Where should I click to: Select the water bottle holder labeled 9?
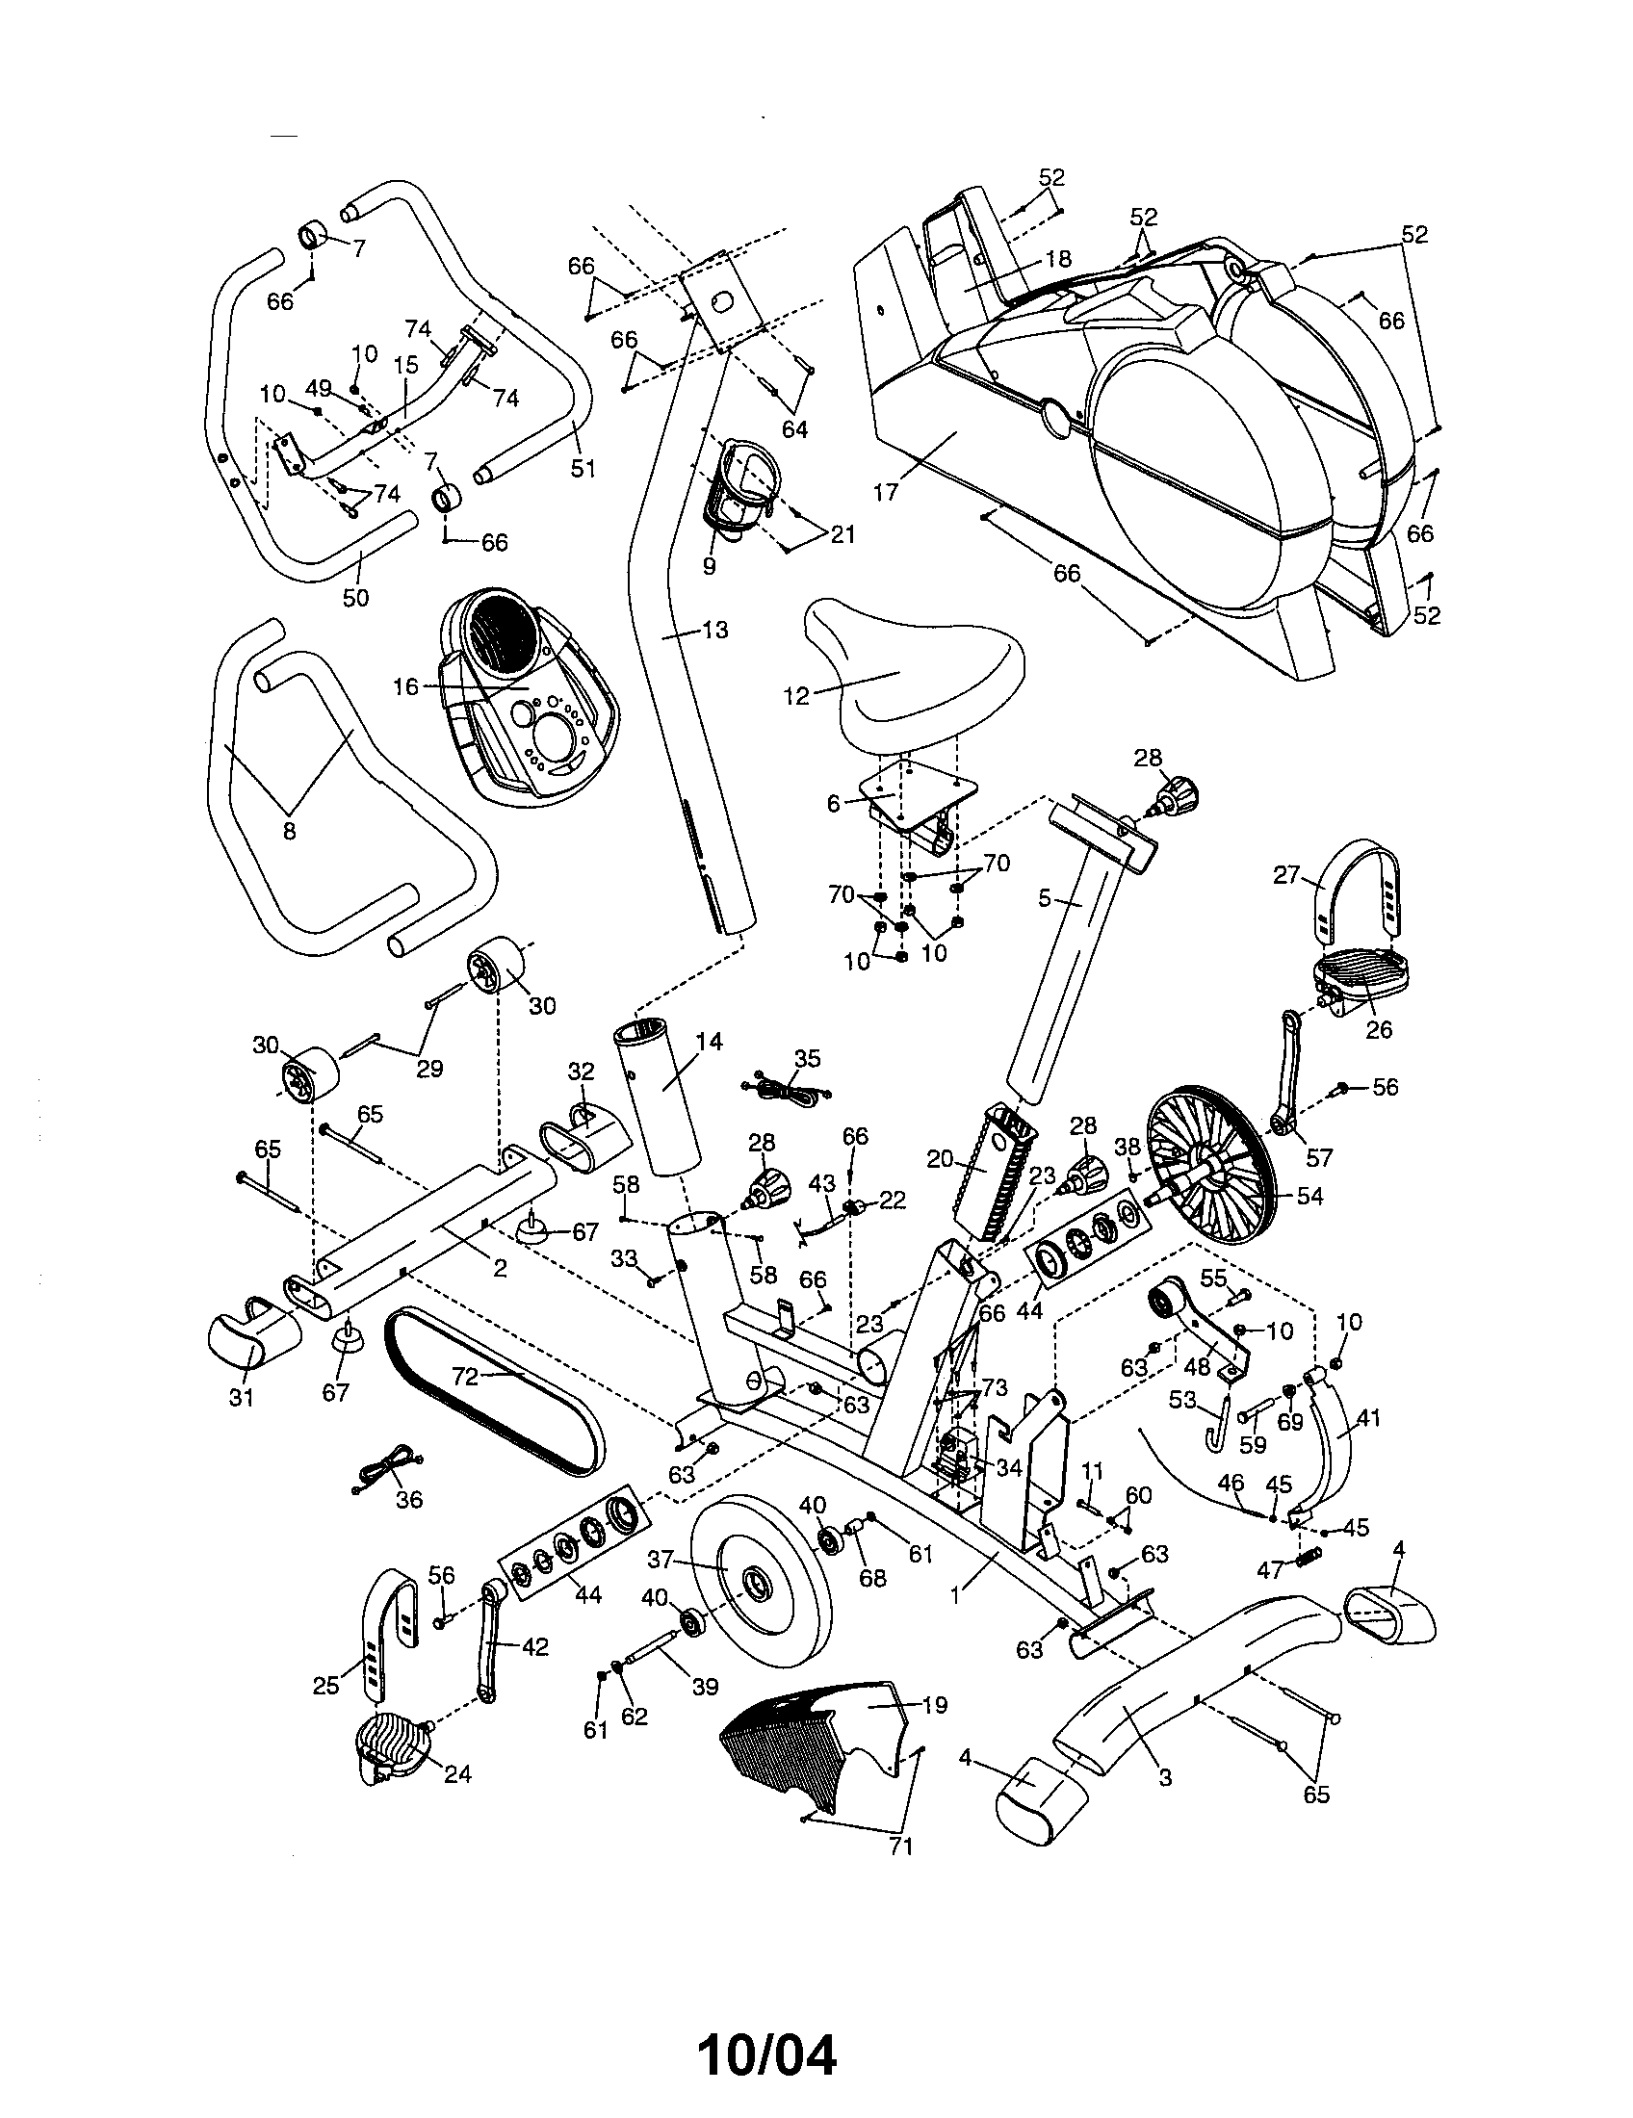[742, 495]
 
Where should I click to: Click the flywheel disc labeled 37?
[762, 1590]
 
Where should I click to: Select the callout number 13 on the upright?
[714, 631]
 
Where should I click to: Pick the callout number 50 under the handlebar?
[356, 598]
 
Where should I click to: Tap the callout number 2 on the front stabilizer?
[500, 1268]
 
